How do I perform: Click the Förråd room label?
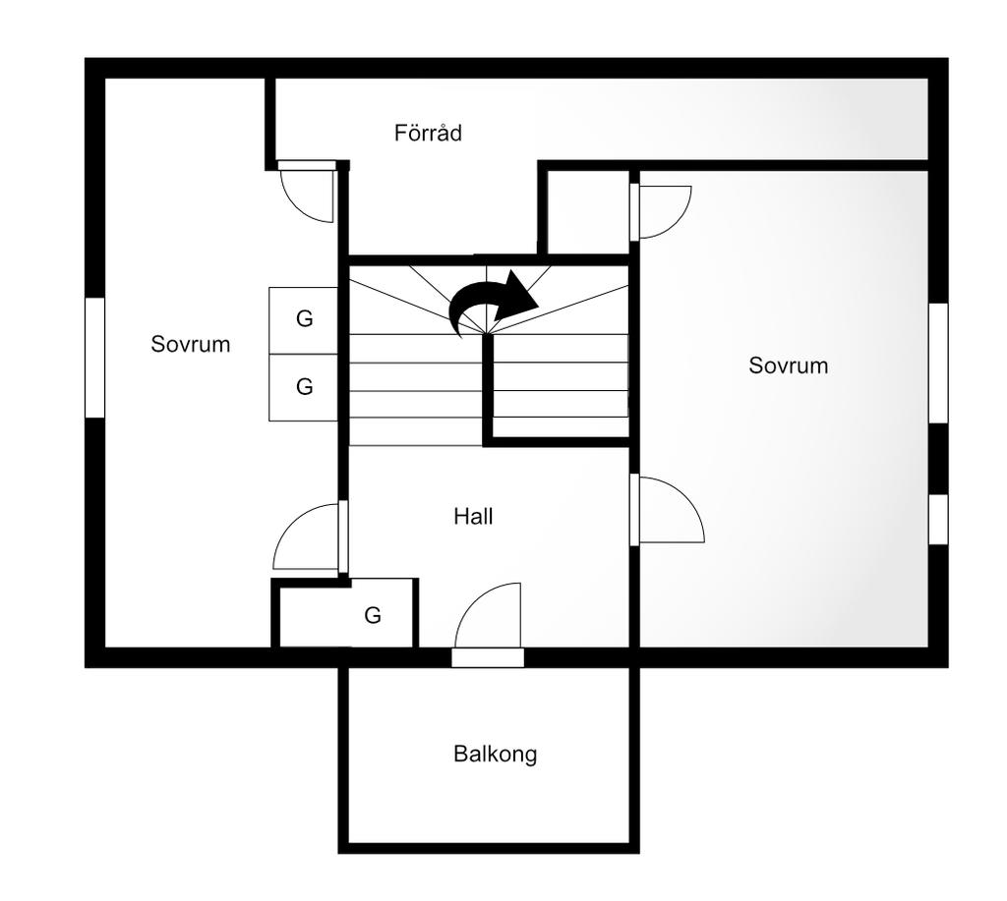pyautogui.click(x=428, y=133)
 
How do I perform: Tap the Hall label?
pyautogui.click(x=473, y=517)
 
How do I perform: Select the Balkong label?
pyautogui.click(x=496, y=754)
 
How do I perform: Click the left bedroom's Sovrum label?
pyautogui.click(x=190, y=344)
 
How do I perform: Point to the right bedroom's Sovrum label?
pyautogui.click(x=788, y=366)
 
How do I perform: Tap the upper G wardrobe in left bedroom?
pyautogui.click(x=303, y=319)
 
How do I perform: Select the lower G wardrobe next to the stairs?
pyautogui.click(x=303, y=387)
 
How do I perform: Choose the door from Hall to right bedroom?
pyautogui.click(x=667, y=510)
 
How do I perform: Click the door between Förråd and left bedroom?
pyautogui.click(x=307, y=192)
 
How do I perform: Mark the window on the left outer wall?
pyautogui.click(x=95, y=358)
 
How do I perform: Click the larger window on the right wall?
pyautogui.click(x=938, y=364)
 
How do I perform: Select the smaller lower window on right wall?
pyautogui.click(x=938, y=519)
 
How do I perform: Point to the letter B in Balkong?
pyautogui.click(x=460, y=754)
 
